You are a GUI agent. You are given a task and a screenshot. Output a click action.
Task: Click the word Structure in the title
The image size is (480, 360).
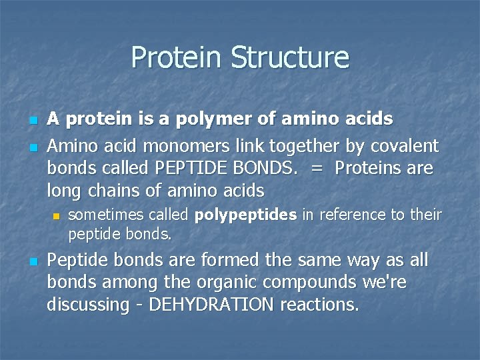click(x=290, y=57)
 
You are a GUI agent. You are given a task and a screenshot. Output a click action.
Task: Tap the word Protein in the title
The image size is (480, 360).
click(x=177, y=57)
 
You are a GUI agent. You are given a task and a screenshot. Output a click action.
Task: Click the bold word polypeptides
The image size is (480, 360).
click(x=246, y=215)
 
